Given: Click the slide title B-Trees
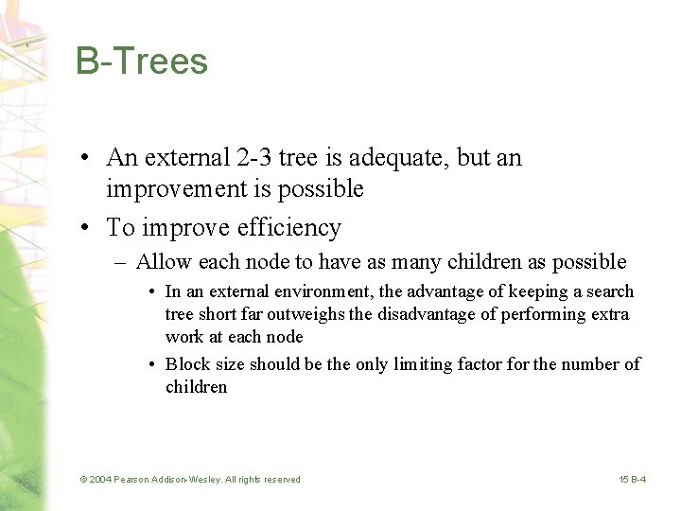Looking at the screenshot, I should click(142, 62).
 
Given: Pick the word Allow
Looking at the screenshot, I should click(164, 262).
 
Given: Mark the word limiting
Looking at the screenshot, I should click(424, 364).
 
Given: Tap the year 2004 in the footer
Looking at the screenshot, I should click(100, 480).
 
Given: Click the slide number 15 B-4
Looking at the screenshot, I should click(633, 480).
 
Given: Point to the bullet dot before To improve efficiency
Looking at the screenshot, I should click(85, 229).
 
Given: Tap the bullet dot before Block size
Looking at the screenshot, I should click(152, 364).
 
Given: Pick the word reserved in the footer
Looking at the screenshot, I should click(279, 480).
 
